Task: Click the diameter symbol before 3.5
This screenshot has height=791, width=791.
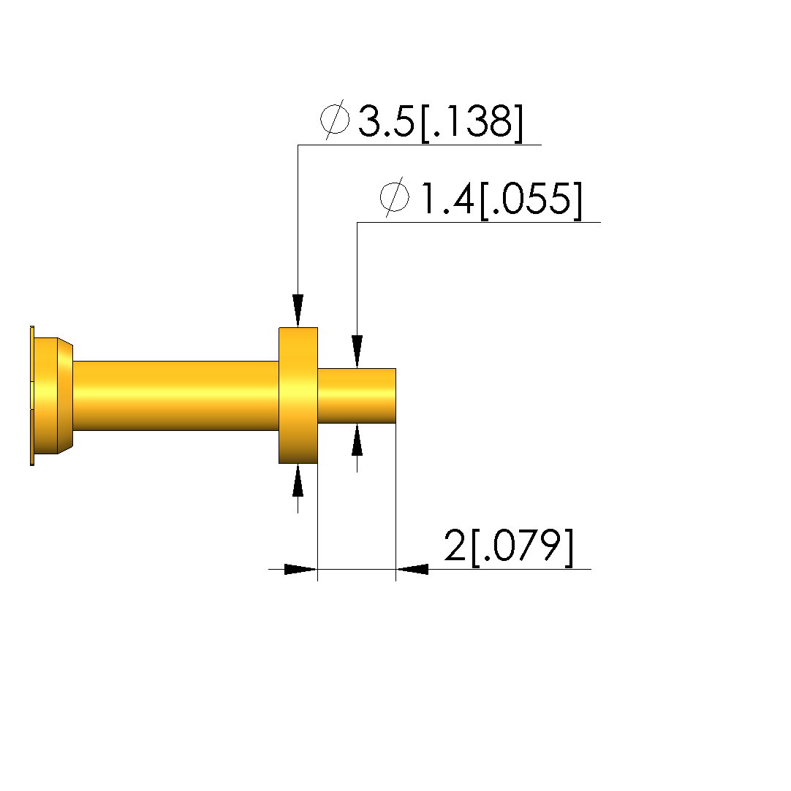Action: (x=335, y=120)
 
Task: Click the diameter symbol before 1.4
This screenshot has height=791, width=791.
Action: (x=394, y=196)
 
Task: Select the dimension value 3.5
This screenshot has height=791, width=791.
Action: (x=386, y=121)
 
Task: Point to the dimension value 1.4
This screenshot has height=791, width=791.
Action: (x=447, y=199)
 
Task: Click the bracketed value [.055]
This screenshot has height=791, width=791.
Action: (x=531, y=200)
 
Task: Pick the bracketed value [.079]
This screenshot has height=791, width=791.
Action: (x=523, y=547)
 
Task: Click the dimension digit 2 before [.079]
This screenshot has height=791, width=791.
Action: (x=455, y=546)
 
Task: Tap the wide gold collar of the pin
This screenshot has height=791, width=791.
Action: (x=298, y=396)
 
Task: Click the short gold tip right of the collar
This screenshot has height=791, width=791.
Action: (x=357, y=396)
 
